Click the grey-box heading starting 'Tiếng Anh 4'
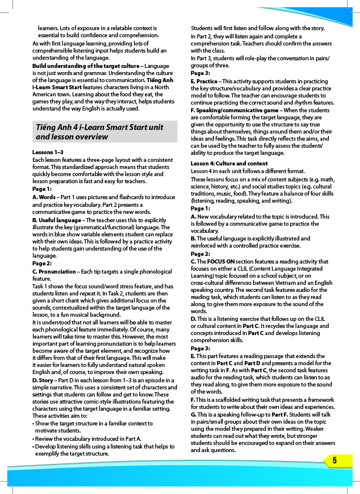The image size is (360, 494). pos(99,132)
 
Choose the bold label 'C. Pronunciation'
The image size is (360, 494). pos(58,271)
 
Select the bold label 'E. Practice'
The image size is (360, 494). pos(205,81)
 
